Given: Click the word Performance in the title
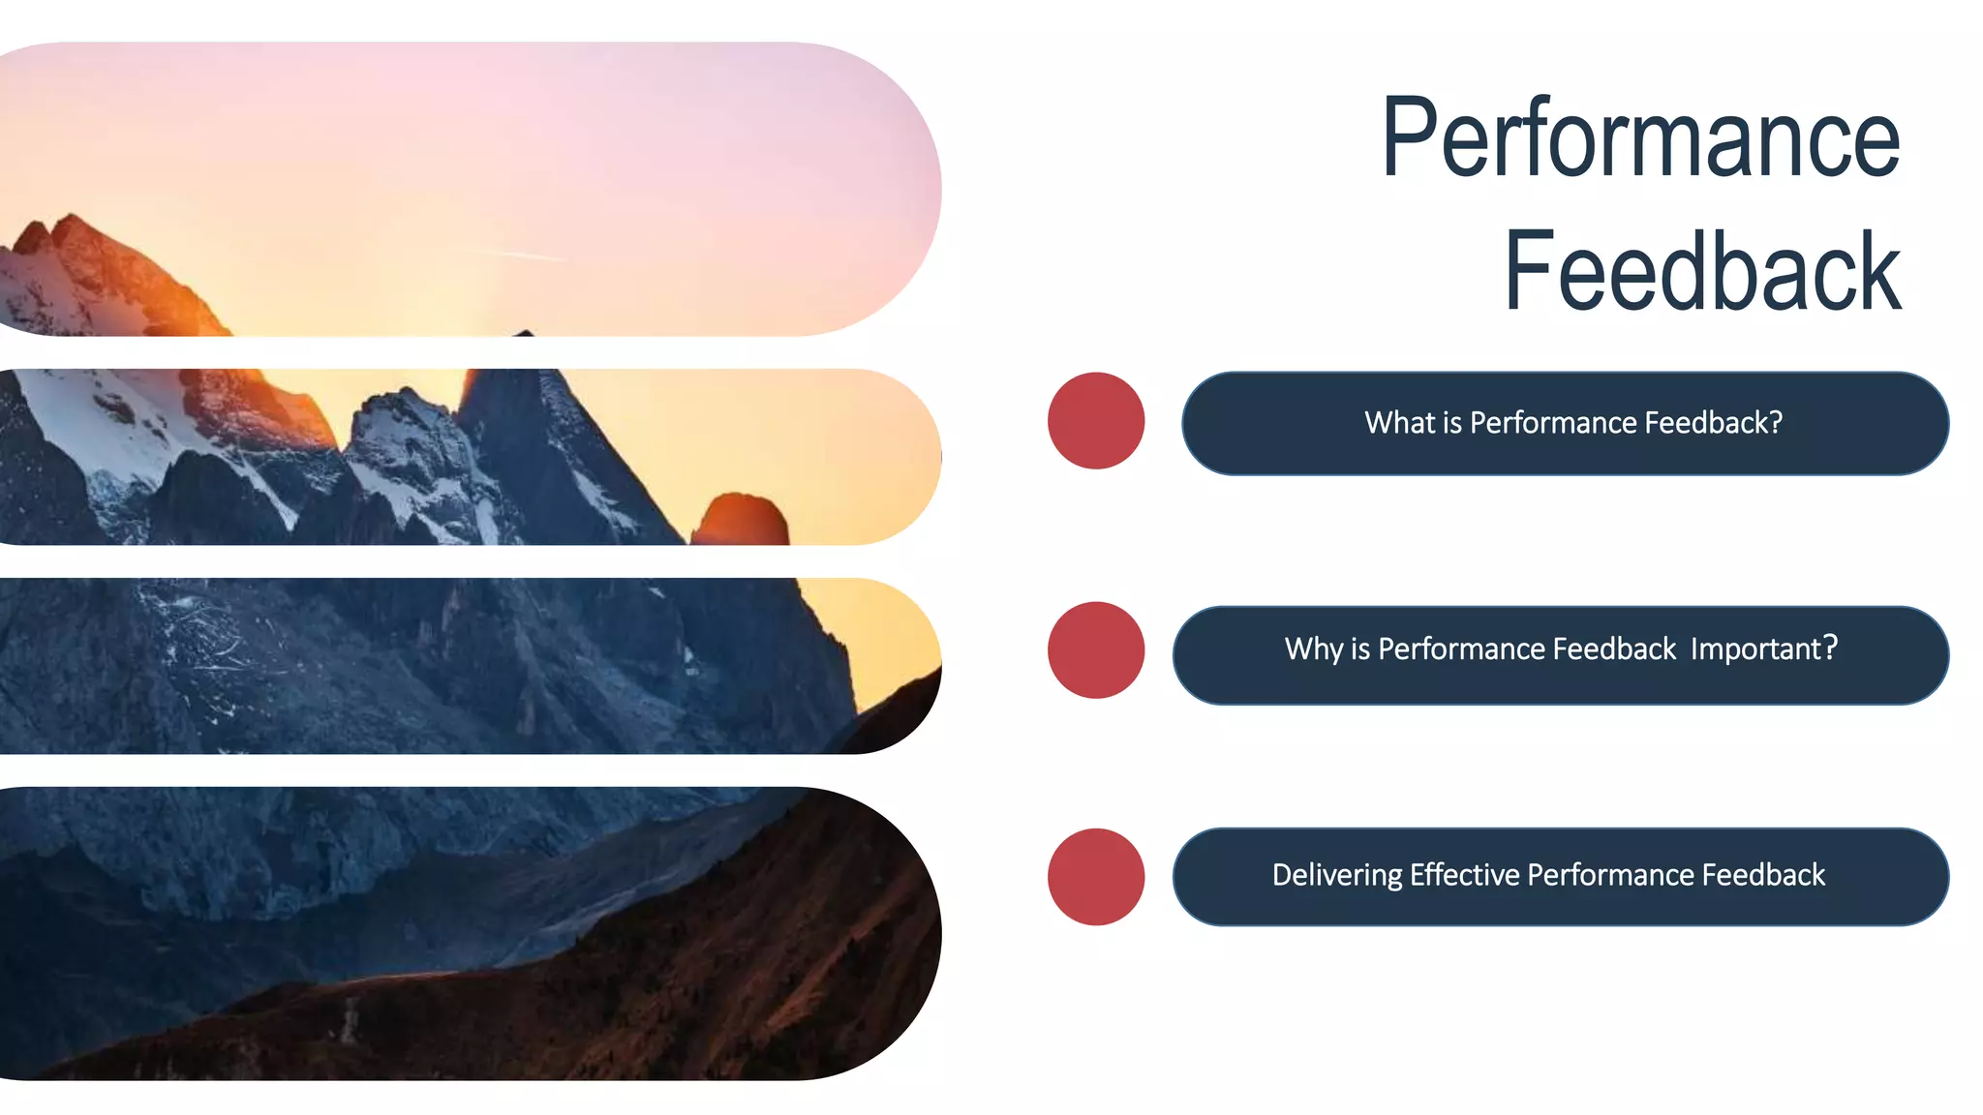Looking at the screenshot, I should click(x=1640, y=138).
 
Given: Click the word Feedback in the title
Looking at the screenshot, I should click(x=1701, y=272).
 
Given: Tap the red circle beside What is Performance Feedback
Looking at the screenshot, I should click(x=1096, y=421).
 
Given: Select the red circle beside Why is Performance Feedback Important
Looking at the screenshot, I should click(x=1096, y=649).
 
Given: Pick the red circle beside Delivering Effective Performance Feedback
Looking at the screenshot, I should click(x=1096, y=876).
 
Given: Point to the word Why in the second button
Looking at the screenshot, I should click(x=1313, y=648).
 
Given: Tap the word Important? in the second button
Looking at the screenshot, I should click(x=1764, y=648).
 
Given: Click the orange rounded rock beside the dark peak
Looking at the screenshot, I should click(x=740, y=520).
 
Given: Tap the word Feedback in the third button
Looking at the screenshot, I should click(x=1763, y=875).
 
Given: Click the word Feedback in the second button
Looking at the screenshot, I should click(x=1614, y=648).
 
